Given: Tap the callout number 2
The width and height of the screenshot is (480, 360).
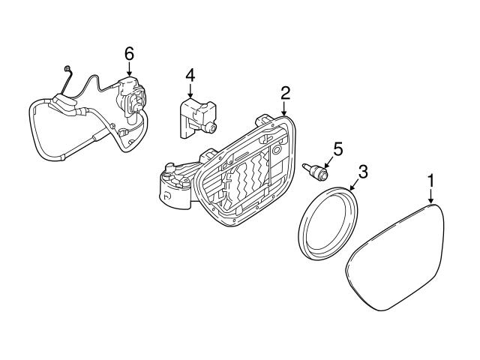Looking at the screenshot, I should (285, 93).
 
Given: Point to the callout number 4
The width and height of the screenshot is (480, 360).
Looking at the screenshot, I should (190, 75).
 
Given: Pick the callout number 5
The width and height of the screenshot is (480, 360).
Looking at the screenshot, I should (337, 148).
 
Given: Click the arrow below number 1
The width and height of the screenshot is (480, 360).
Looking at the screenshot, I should (431, 197).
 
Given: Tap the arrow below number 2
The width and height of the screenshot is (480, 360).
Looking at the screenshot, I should (285, 109).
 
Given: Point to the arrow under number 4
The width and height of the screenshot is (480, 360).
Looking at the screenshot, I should (190, 91).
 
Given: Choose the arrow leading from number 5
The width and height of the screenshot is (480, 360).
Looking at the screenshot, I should (330, 160).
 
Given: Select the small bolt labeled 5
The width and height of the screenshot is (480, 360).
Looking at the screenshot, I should (318, 171).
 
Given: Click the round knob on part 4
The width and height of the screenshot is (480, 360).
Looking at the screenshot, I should (213, 128).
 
